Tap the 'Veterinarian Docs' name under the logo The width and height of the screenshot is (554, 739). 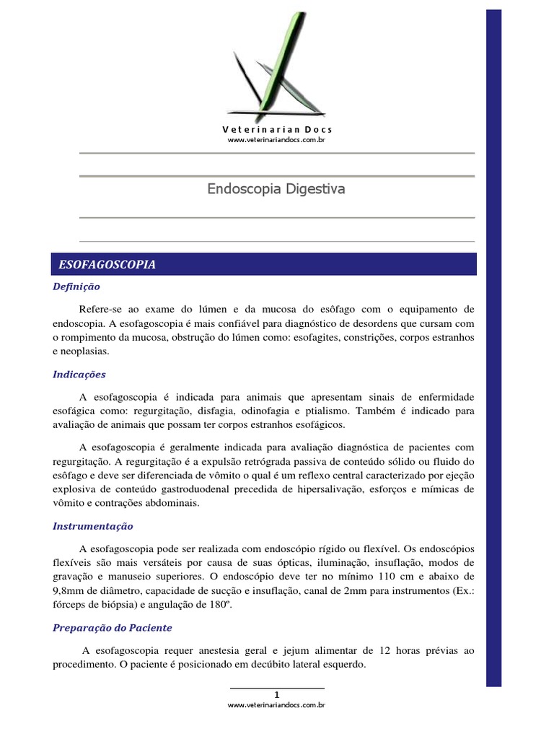pyautogui.click(x=277, y=129)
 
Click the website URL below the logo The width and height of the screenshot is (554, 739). pyautogui.click(x=277, y=139)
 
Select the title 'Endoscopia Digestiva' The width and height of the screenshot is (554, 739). pyautogui.click(x=276, y=189)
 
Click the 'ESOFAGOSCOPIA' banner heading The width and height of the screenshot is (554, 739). pyautogui.click(x=107, y=265)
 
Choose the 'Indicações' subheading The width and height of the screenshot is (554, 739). pyautogui.click(x=79, y=375)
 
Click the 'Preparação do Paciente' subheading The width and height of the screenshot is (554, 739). pyautogui.click(x=113, y=627)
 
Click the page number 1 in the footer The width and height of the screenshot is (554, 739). pyautogui.click(x=277, y=694)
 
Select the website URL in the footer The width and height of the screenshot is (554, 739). pyautogui.click(x=277, y=705)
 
